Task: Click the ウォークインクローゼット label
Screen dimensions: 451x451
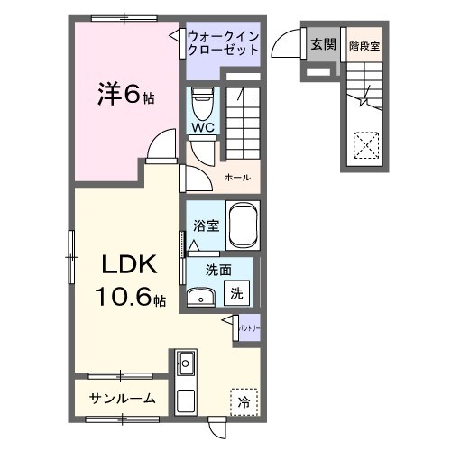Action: click(x=223, y=42)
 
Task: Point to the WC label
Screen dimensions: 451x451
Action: click(x=201, y=127)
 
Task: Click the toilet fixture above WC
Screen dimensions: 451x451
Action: click(x=201, y=99)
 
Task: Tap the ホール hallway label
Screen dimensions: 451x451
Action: click(x=237, y=177)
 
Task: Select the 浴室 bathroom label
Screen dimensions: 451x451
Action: click(x=206, y=226)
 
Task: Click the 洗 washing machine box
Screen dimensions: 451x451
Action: click(x=236, y=292)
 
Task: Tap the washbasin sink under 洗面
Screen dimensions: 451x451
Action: click(x=200, y=297)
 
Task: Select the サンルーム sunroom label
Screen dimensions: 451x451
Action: click(x=123, y=398)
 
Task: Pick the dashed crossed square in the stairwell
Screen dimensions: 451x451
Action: click(x=366, y=143)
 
